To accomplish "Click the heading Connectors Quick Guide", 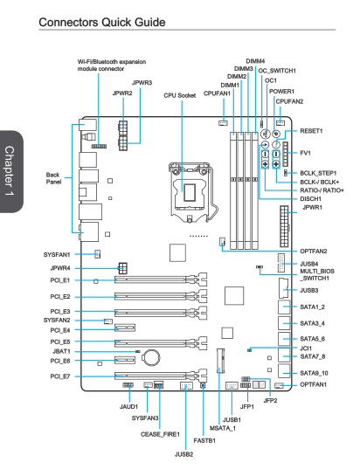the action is click(x=102, y=22).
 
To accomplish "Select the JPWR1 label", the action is click(x=312, y=207).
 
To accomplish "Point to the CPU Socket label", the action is click(x=179, y=95).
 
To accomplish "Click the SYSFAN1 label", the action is click(x=57, y=255).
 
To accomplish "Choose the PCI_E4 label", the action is click(x=60, y=330).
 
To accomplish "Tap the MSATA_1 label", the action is click(x=223, y=428).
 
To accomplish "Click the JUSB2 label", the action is click(x=183, y=454).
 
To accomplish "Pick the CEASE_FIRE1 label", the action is click(x=160, y=434).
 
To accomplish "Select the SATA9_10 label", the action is click(x=315, y=373).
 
